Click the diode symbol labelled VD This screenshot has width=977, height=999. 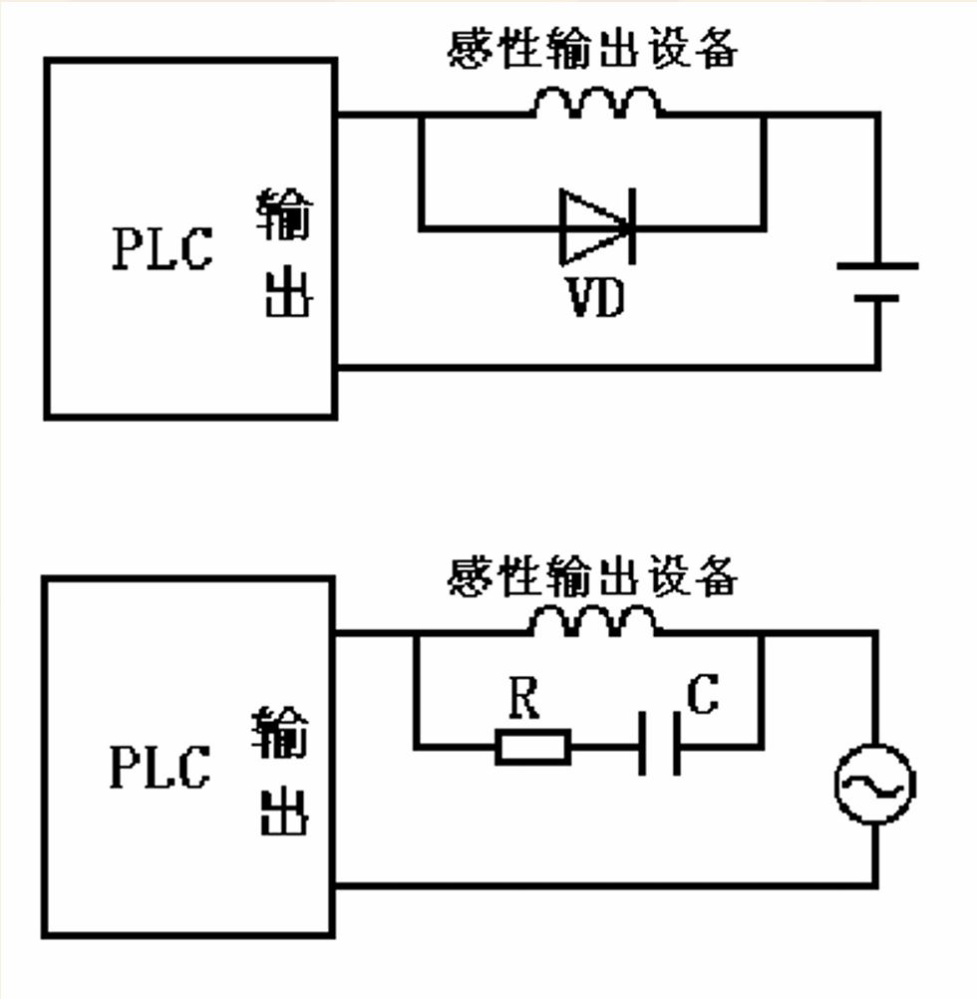coord(596,227)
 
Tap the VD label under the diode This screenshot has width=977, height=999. coord(595,296)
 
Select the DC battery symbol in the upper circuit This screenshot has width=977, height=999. coord(877,282)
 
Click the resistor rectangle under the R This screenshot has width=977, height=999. coord(533,746)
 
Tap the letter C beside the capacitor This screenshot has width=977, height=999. coord(703,695)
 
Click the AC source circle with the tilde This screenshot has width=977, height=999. coord(875,786)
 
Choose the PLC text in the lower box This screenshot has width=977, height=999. coord(161,767)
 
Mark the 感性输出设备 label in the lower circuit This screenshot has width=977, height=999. coord(592,575)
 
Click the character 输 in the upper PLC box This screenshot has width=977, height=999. coord(284,215)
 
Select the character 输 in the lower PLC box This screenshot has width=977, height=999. coord(280,734)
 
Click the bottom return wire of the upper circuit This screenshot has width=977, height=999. coord(608,368)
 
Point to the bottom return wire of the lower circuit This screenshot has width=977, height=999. coord(608,884)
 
